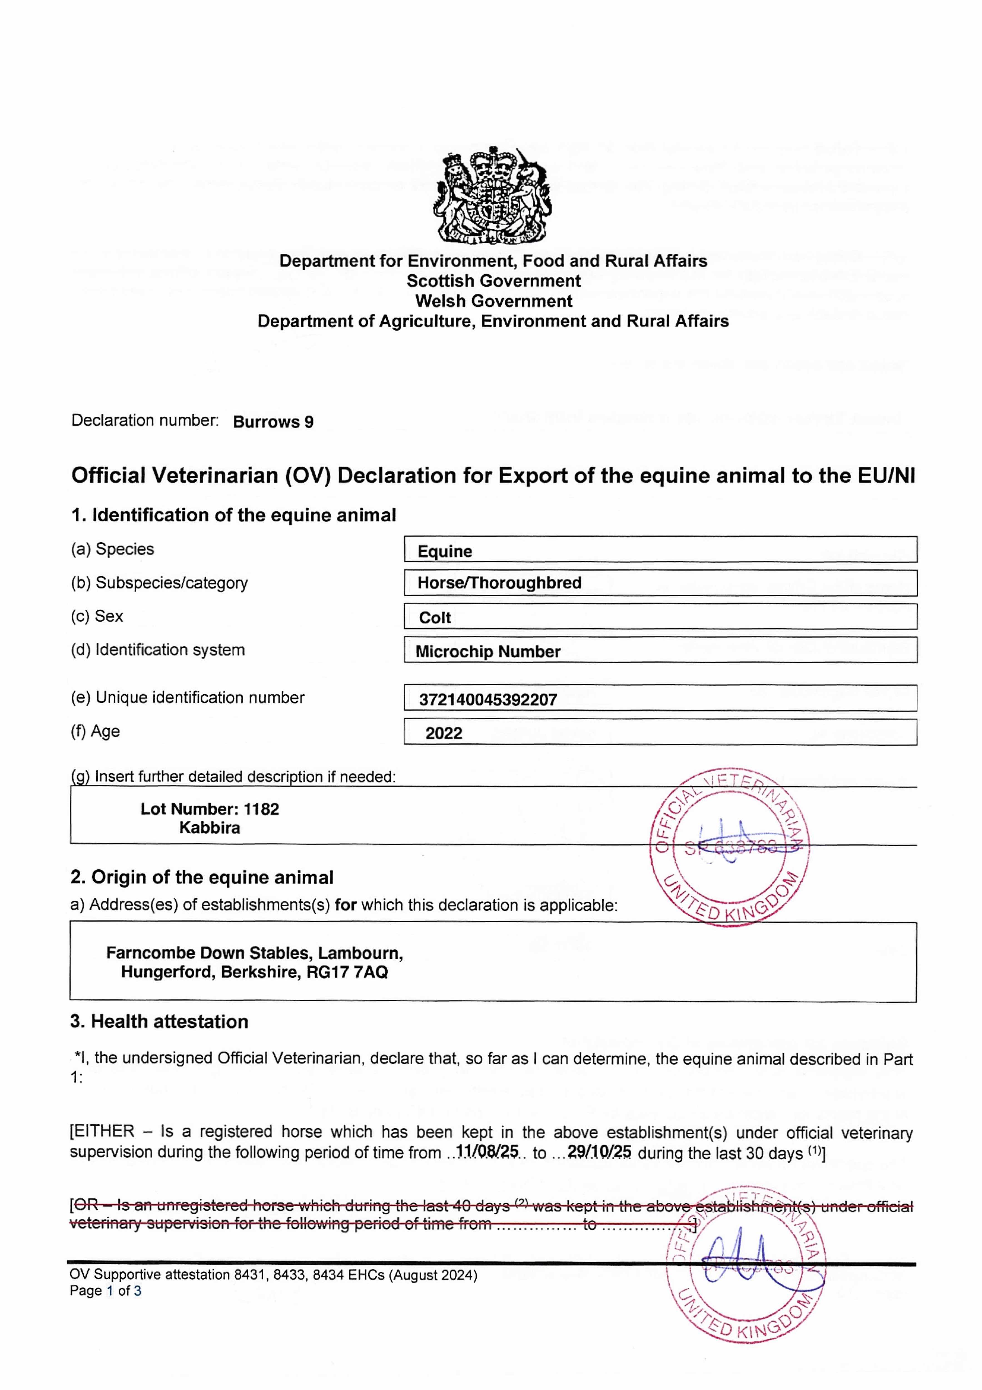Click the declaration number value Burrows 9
(273, 422)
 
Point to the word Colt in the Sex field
(435, 617)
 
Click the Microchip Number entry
(488, 651)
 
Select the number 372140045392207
(488, 700)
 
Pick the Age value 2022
(444, 733)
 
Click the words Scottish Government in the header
(493, 281)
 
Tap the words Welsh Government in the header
(493, 301)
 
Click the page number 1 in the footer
(110, 1291)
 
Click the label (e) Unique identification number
(188, 698)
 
